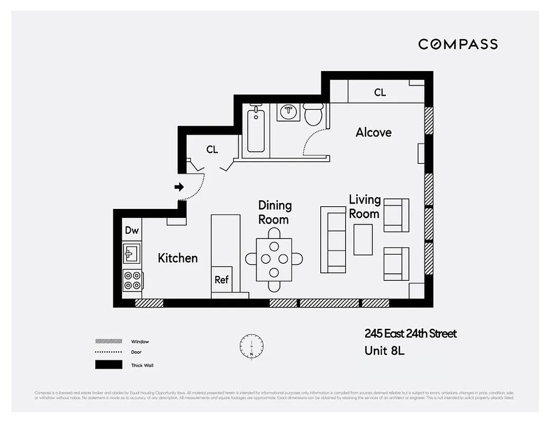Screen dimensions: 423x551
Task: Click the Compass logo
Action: click(458, 44)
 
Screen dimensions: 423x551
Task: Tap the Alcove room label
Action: click(373, 132)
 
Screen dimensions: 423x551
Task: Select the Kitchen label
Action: click(178, 258)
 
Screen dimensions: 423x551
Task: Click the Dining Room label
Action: click(275, 212)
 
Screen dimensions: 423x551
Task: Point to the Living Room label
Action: click(364, 207)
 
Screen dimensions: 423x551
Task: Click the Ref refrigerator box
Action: click(221, 280)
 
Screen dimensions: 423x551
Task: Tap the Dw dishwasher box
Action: click(132, 230)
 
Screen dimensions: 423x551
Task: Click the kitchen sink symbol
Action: click(132, 253)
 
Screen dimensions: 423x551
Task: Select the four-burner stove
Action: click(132, 280)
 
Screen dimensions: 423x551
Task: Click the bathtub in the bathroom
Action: click(256, 129)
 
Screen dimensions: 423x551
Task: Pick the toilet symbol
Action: click(313, 114)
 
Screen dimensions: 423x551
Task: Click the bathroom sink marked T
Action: click(289, 112)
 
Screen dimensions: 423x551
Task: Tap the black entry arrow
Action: click(179, 187)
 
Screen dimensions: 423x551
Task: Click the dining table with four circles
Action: click(274, 259)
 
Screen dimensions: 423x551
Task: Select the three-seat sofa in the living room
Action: click(333, 240)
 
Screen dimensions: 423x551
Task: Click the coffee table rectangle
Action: click(363, 240)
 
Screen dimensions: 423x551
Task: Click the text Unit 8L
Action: click(384, 350)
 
